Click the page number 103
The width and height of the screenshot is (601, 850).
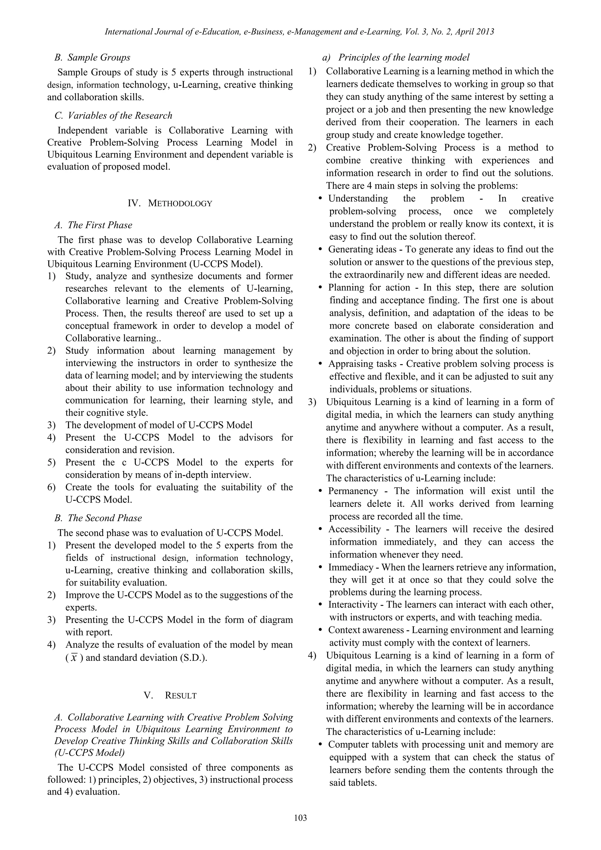(300, 818)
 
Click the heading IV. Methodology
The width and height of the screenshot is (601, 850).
(170, 203)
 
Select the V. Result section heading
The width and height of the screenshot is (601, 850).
(170, 696)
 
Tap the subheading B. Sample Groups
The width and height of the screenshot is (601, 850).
(92, 58)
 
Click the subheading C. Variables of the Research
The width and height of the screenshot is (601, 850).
(113, 116)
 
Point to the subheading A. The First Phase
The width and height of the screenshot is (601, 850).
(93, 225)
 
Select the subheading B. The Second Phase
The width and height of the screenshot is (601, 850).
(98, 518)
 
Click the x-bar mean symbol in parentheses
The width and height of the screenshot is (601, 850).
(74, 658)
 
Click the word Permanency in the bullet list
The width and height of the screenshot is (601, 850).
(353, 491)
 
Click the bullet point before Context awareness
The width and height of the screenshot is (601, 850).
(321, 630)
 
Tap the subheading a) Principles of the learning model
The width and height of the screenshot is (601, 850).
(396, 58)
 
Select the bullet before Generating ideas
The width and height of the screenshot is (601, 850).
(321, 249)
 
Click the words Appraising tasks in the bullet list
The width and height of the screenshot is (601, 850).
(362, 364)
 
